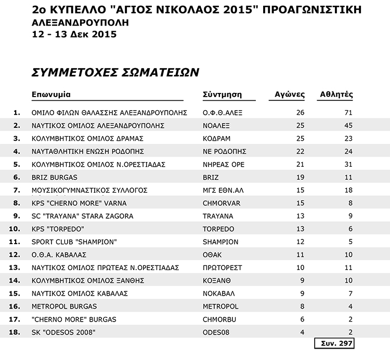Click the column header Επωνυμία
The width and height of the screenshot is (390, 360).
(x=51, y=95)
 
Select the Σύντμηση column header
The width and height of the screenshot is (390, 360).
(x=222, y=95)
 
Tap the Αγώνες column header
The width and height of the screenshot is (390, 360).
(x=290, y=95)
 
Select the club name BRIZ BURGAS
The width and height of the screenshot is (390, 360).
(x=55, y=177)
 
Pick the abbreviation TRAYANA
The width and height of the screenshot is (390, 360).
(x=218, y=216)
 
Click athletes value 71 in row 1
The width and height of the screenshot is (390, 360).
(x=348, y=112)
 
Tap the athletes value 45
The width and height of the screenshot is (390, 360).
(x=348, y=125)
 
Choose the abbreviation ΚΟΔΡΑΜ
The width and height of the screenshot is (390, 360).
(x=216, y=138)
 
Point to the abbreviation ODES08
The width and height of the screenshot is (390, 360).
(x=215, y=332)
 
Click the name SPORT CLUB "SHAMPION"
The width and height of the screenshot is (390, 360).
(x=74, y=242)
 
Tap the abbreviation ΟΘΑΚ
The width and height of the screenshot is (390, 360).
(x=212, y=255)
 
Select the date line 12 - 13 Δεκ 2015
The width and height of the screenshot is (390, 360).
(x=74, y=35)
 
